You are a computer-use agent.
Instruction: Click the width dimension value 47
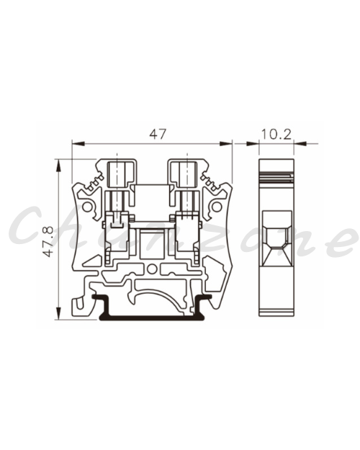[158, 134]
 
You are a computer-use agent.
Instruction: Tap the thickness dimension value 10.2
[276, 135]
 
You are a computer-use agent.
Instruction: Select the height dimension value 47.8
[48, 241]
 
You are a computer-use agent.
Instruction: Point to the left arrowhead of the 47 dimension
[78, 143]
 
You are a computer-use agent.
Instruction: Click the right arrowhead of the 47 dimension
[225, 143]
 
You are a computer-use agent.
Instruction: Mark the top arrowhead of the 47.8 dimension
[58, 166]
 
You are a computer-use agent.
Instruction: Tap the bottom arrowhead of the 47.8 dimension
[58, 313]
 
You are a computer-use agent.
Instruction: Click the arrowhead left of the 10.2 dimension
[252, 143]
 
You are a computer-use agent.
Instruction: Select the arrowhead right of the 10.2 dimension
[300, 143]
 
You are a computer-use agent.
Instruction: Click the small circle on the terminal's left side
[86, 207]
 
